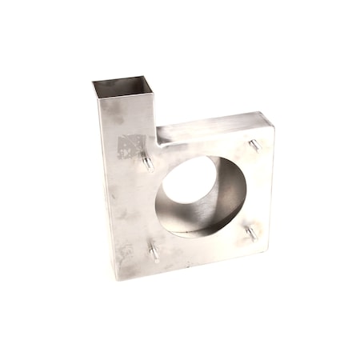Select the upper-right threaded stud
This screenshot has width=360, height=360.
[x=254, y=146]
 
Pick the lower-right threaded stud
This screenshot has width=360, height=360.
[x=252, y=232]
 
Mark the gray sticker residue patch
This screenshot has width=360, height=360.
[x=130, y=146]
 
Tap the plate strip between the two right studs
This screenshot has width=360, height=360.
[x=258, y=190]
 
